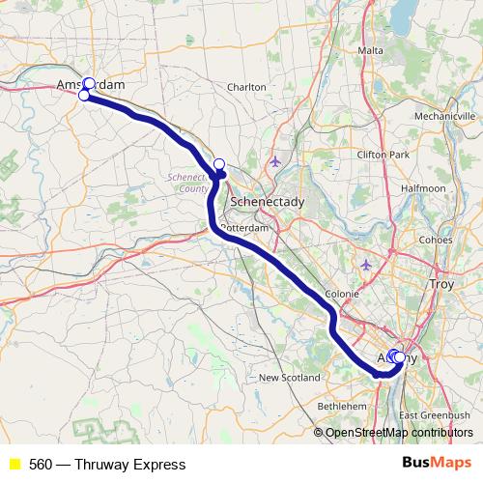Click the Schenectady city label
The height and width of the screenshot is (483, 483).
[x=268, y=201]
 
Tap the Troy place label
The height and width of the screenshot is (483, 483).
[x=441, y=285]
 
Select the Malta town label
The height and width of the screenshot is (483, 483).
[x=371, y=50]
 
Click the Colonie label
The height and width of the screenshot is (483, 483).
[x=343, y=294]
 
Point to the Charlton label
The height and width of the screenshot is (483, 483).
[x=246, y=87]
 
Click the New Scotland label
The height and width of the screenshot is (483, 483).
[x=287, y=378]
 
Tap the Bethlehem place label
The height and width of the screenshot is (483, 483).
[x=342, y=408]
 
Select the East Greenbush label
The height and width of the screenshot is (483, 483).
[x=434, y=414]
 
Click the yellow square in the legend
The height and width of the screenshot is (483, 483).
[x=14, y=465]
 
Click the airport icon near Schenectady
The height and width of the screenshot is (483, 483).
[x=277, y=161]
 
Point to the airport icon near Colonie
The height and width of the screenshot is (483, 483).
[x=365, y=264]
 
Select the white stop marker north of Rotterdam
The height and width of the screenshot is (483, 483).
[x=218, y=164]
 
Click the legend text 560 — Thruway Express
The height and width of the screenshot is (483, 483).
[x=106, y=465]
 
